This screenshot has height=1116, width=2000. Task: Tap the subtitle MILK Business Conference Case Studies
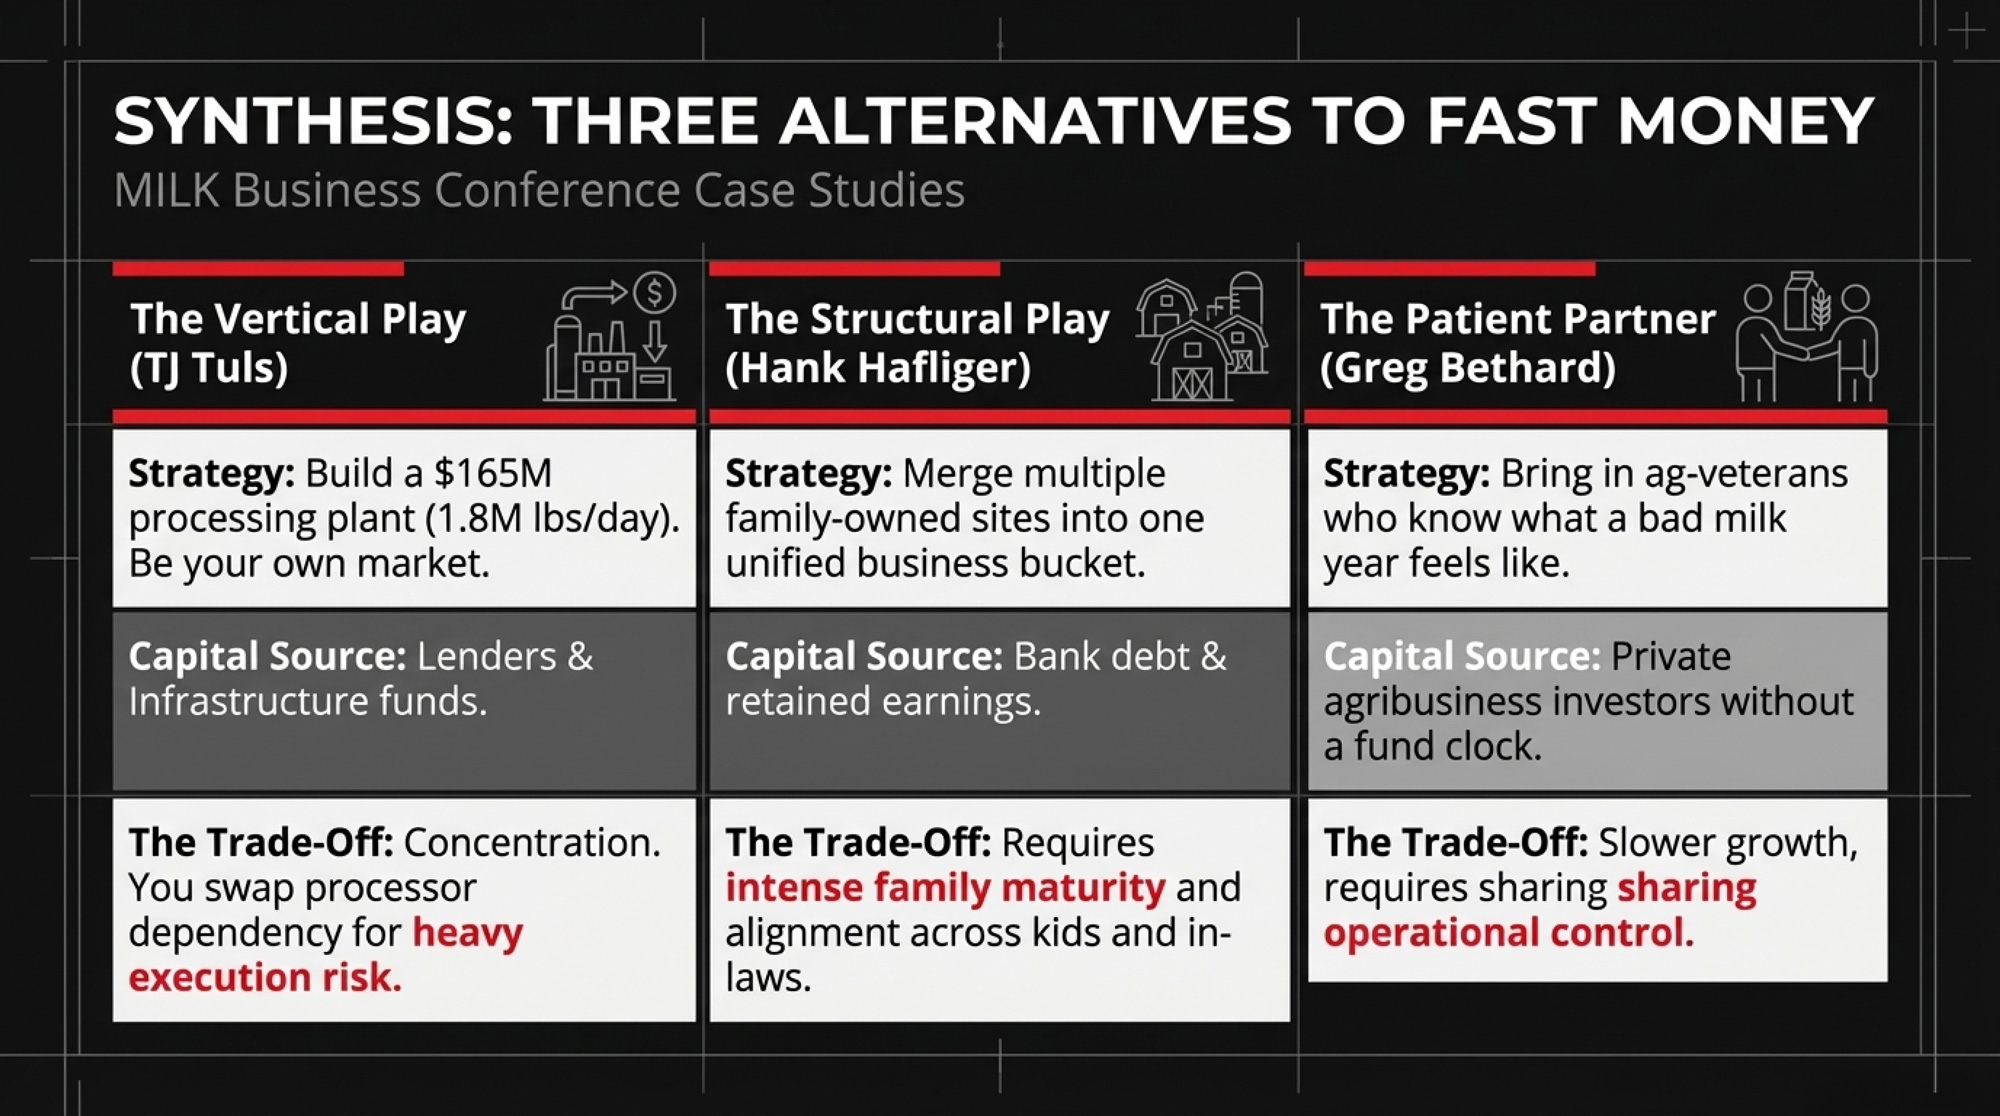(x=539, y=190)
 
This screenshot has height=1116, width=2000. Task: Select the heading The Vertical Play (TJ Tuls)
(x=298, y=343)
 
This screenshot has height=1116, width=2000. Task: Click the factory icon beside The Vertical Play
(x=610, y=337)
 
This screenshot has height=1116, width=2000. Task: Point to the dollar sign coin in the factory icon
(x=655, y=293)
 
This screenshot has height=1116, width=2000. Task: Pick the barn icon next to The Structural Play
(x=1201, y=337)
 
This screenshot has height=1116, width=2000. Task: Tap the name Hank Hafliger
(x=877, y=368)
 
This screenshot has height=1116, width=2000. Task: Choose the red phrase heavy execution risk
(x=326, y=955)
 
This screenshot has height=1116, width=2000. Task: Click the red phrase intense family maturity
(x=945, y=887)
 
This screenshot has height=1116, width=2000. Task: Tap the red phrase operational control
(x=1508, y=932)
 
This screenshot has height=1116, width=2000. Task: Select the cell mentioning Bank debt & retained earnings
(x=999, y=701)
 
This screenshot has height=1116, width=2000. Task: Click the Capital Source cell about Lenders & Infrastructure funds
(x=404, y=701)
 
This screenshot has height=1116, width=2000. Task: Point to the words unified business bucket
(x=935, y=563)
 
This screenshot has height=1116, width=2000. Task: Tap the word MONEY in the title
(x=1745, y=121)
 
